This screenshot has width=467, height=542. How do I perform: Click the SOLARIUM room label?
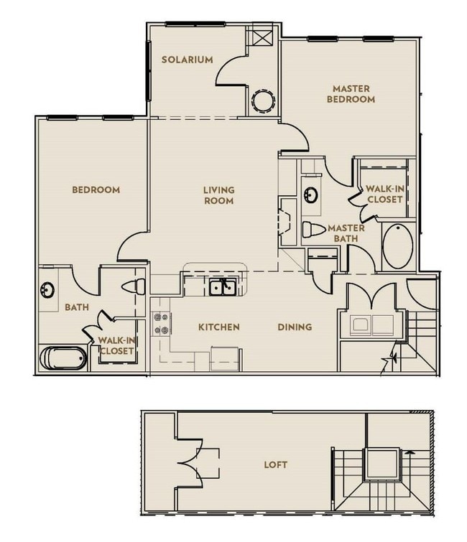(x=187, y=60)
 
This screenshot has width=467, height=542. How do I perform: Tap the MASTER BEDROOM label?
(x=351, y=94)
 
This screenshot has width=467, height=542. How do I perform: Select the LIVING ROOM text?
(x=218, y=195)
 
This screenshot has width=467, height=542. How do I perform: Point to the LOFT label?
(x=275, y=464)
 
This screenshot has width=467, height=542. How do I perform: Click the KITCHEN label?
(x=219, y=327)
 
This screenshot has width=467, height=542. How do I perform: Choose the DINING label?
(x=295, y=327)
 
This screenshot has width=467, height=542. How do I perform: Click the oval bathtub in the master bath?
(x=398, y=246)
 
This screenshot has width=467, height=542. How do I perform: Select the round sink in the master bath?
(x=310, y=195)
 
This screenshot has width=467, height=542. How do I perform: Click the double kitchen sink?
(x=223, y=287)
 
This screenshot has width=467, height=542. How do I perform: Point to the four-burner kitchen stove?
(x=161, y=324)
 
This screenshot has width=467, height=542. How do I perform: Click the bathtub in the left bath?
(x=63, y=358)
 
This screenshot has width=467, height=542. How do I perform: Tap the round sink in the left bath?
(x=47, y=290)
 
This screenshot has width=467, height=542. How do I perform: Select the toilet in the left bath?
(x=133, y=286)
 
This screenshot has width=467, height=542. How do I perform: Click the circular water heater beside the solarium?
(x=263, y=101)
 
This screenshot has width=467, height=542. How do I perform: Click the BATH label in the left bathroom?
(x=77, y=307)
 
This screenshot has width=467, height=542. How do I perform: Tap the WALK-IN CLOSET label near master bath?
(x=384, y=194)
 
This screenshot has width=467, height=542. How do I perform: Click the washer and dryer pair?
(x=372, y=325)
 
